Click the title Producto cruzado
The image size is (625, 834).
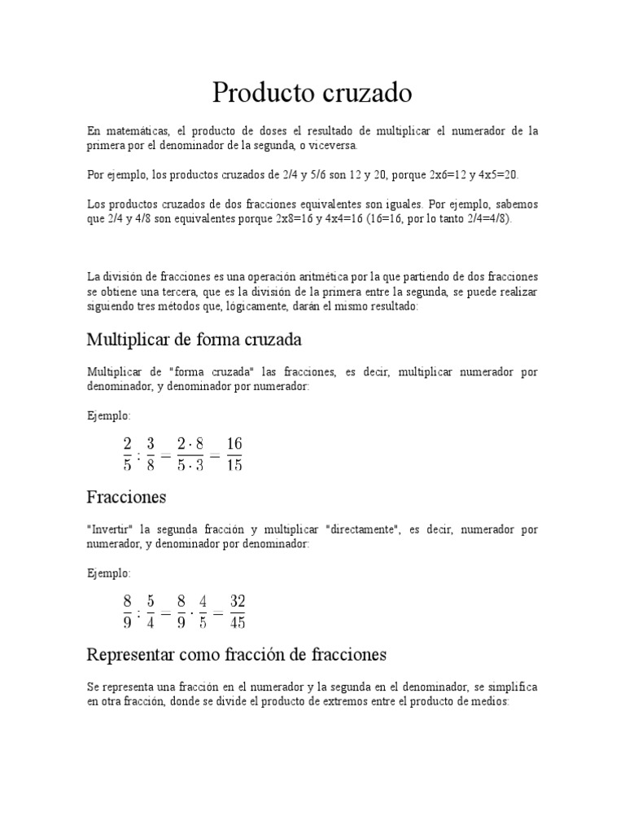coord(312,94)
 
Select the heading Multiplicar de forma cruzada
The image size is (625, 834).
coord(194,339)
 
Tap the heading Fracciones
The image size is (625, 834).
coord(126,496)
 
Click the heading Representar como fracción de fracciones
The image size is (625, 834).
coord(236,654)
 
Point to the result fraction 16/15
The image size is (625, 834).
coord(234,454)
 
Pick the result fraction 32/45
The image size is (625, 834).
coord(237,612)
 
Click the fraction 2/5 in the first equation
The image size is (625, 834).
coord(127,454)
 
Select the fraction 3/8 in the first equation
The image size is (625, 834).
coord(151,454)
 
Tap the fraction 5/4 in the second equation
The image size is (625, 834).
coord(151,612)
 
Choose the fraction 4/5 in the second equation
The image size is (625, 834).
coord(203,612)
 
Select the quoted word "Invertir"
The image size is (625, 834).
coord(111,529)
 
